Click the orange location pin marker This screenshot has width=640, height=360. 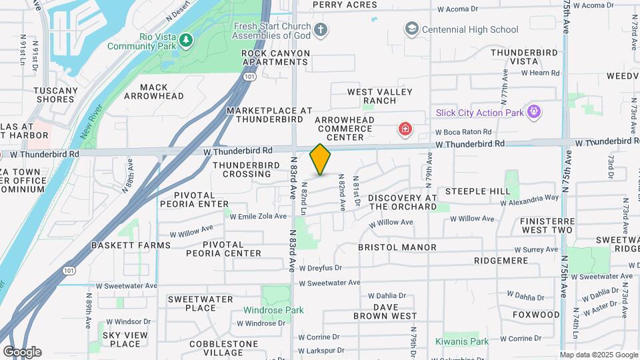tap(320, 159)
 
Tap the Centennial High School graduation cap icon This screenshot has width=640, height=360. tap(411, 29)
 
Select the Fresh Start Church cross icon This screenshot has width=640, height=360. tap(321, 29)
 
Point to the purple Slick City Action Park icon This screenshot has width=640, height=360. tap(533, 111)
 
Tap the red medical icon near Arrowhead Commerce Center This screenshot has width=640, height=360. tap(403, 128)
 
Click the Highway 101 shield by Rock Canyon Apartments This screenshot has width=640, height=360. tap(249, 77)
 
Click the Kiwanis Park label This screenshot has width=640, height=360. tap(462, 341)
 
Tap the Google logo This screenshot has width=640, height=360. tap(22, 352)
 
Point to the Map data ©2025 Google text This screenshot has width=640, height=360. tap(598, 355)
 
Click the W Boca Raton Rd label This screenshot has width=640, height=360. tap(464, 132)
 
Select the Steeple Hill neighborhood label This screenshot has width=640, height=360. tap(478, 191)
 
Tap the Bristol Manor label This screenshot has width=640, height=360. tap(397, 247)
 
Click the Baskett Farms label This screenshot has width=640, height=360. tap(131, 245)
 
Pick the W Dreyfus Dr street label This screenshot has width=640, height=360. tap(320, 268)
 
